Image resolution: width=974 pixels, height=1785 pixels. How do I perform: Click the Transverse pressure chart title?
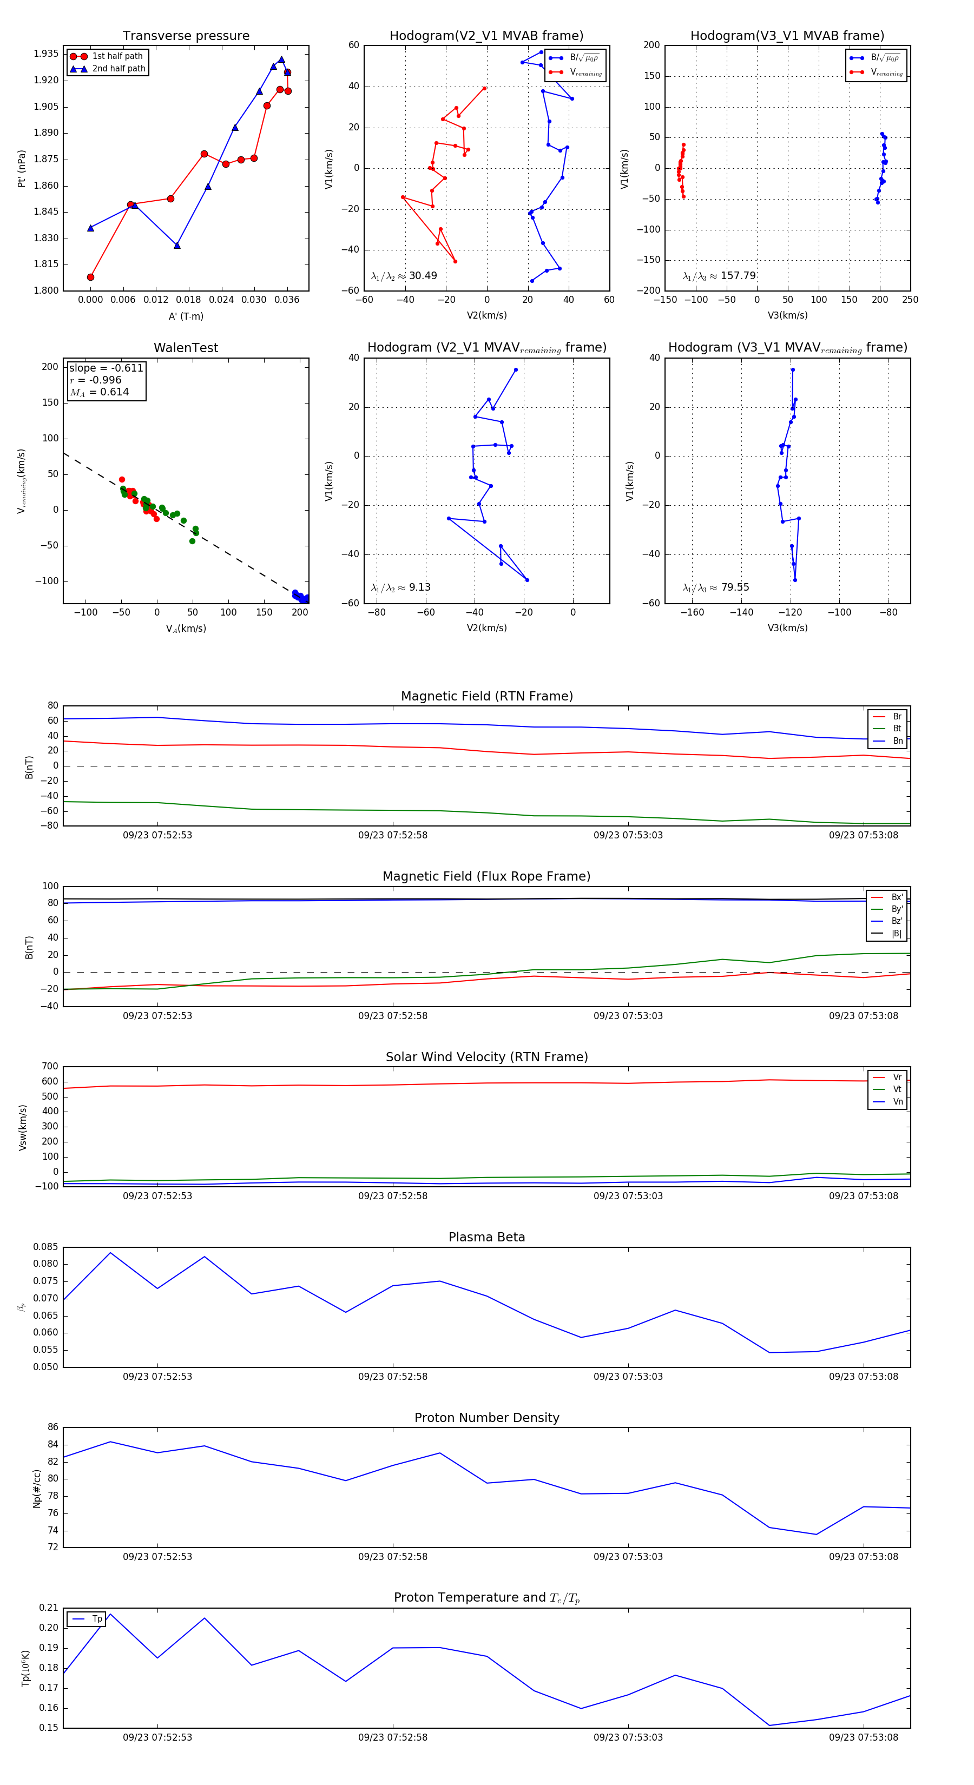(x=186, y=35)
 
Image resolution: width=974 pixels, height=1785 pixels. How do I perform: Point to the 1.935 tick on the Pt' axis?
(x=47, y=54)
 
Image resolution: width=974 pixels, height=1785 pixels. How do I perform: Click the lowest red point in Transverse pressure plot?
(x=91, y=277)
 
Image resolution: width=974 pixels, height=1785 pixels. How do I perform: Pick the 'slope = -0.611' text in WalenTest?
(x=106, y=368)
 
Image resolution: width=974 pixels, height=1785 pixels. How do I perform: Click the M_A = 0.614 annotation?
(x=99, y=392)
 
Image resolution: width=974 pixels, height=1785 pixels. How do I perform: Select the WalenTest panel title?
(x=186, y=348)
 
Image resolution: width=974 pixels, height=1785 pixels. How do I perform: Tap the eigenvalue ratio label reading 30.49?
(x=404, y=276)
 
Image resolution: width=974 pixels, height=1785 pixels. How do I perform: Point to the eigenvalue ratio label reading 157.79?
(x=719, y=276)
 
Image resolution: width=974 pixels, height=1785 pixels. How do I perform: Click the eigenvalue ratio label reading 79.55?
(x=715, y=587)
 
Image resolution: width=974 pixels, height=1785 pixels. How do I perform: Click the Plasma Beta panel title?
(x=486, y=1237)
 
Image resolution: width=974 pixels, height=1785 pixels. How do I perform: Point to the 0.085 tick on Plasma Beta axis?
(x=46, y=1247)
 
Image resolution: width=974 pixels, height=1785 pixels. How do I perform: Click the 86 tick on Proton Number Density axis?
(x=52, y=1427)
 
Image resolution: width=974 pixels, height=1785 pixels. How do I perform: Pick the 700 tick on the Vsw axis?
(x=49, y=1067)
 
